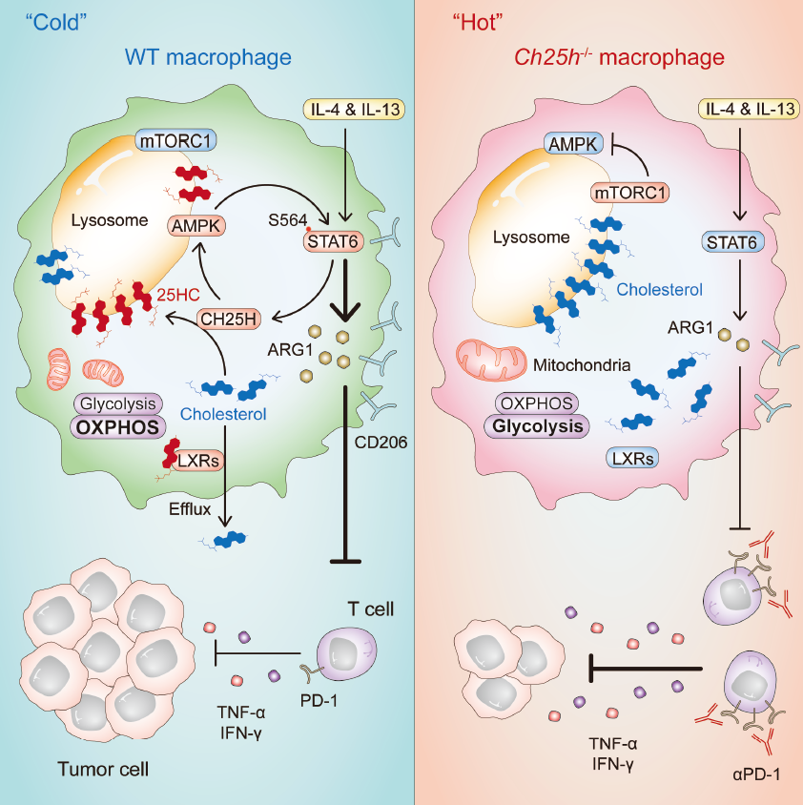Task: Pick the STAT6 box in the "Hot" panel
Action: tap(731, 244)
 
